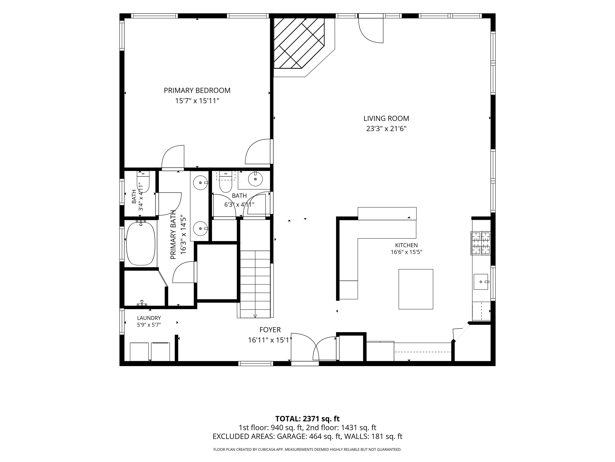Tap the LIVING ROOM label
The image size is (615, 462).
386,118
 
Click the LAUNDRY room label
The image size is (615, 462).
149,318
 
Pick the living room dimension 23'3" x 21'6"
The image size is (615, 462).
386,129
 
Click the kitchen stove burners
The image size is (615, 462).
480,243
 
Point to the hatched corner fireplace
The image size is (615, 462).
299,44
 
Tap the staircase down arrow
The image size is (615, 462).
255,316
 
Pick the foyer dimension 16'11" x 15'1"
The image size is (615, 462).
270,340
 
